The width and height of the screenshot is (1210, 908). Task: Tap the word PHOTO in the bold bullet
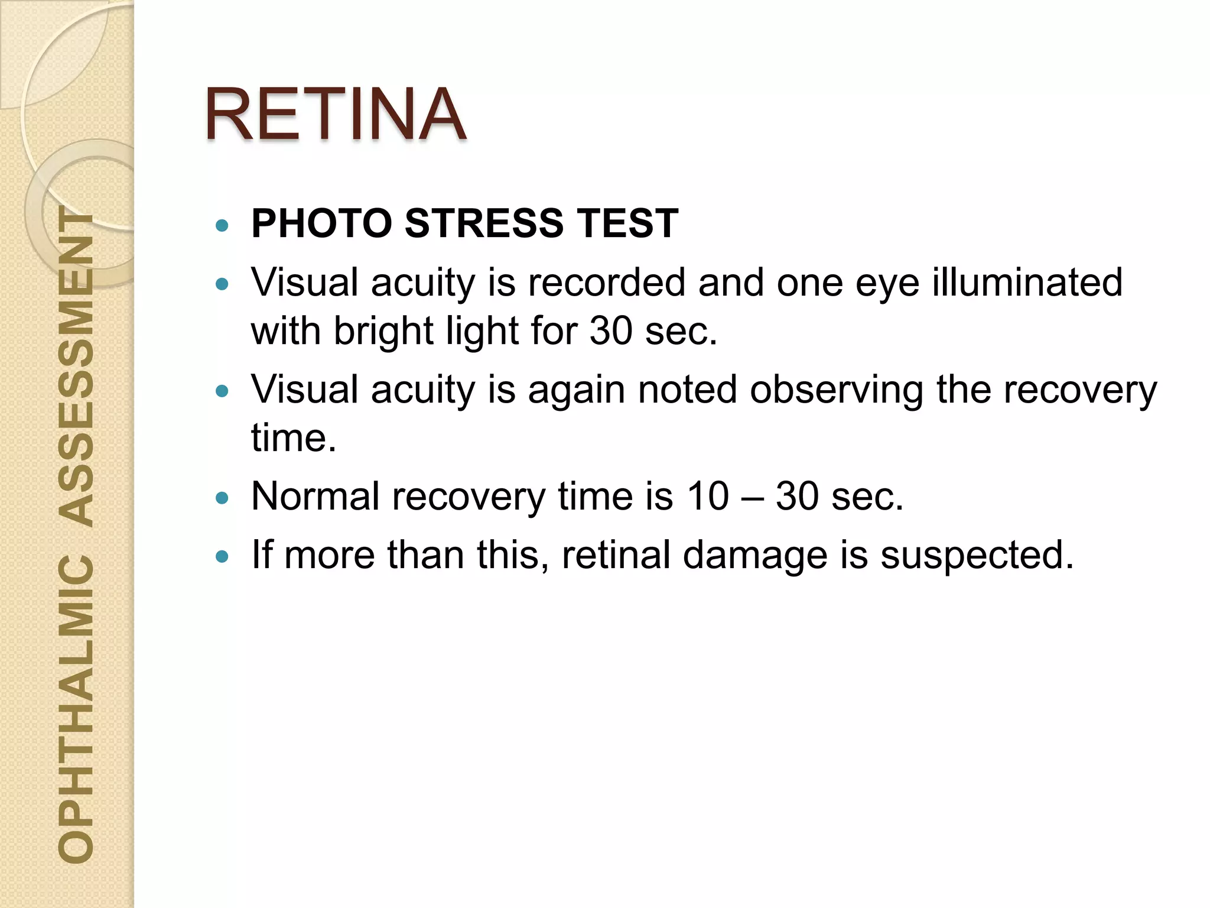click(x=321, y=223)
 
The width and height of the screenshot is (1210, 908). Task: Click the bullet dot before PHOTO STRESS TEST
click(x=222, y=225)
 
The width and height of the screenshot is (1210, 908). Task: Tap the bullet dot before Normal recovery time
click(x=222, y=498)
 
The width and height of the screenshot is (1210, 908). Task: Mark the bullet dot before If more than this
click(x=222, y=557)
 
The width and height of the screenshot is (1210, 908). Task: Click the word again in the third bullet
click(x=576, y=390)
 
